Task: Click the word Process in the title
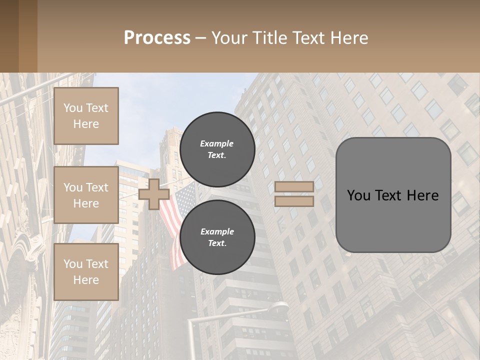(157, 38)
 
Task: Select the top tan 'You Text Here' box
(86, 116)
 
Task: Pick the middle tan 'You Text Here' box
(86, 195)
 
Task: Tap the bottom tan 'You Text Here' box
(86, 271)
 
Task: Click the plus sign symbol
(153, 194)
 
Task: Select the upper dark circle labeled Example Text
(217, 149)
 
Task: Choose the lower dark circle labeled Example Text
(217, 237)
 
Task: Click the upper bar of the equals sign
(294, 186)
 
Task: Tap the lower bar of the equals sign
(294, 201)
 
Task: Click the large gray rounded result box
(393, 195)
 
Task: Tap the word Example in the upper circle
(217, 143)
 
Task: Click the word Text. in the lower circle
(217, 243)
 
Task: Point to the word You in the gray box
(358, 195)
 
